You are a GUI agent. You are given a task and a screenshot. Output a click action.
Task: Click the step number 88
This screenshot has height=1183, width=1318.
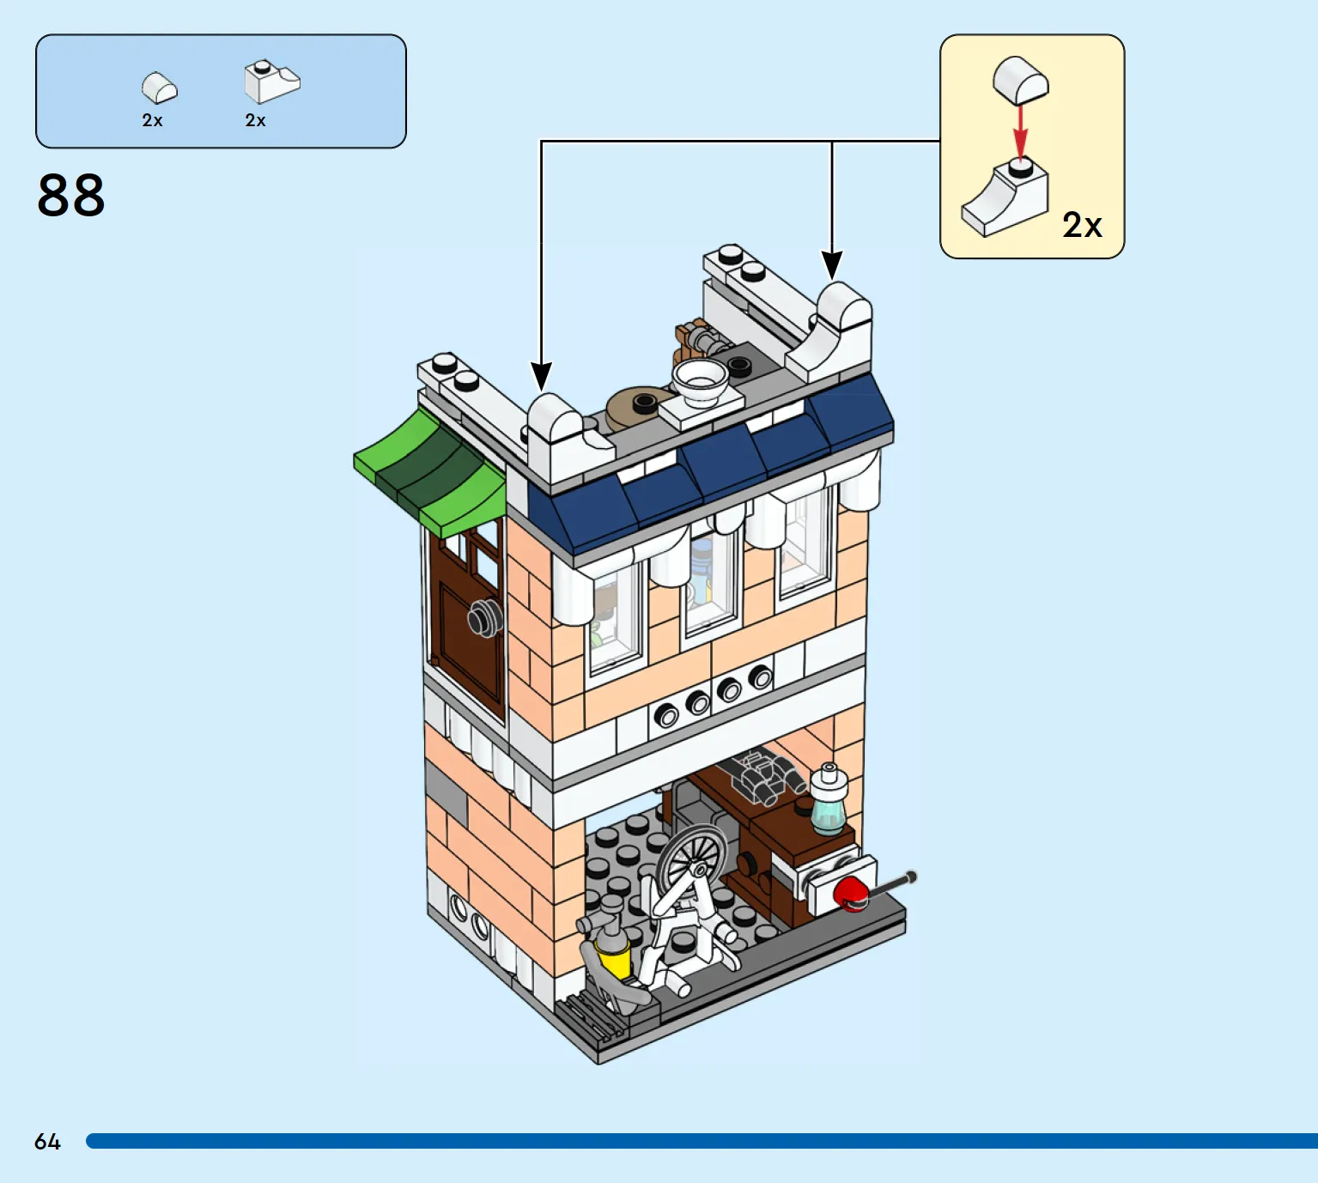point(71,195)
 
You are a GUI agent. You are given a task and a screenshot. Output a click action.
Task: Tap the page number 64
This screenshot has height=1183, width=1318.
point(47,1142)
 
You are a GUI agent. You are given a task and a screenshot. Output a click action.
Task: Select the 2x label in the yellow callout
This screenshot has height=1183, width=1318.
point(1082,225)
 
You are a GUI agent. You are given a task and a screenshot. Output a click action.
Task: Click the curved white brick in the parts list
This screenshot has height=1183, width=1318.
point(160,88)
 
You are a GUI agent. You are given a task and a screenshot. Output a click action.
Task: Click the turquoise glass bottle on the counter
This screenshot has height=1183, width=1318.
point(829,800)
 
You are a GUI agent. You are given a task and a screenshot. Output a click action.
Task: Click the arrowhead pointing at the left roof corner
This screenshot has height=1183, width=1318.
point(541,377)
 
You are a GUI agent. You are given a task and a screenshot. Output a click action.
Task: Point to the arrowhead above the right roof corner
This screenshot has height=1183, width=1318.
point(831,264)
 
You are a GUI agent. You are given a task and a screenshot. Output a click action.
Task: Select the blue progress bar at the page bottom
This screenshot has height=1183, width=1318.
point(702,1141)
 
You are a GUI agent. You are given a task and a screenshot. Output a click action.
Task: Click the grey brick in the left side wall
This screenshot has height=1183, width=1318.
point(446,792)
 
